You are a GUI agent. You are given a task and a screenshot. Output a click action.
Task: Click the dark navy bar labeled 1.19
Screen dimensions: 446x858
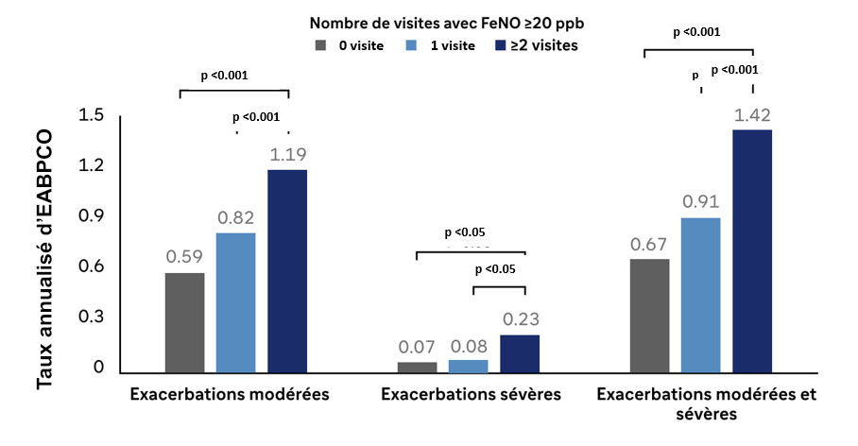coord(287,270)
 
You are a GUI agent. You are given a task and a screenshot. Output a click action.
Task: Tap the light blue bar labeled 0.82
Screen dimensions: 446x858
coord(236,302)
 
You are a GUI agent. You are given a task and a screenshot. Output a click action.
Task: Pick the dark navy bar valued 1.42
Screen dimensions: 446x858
coord(752,250)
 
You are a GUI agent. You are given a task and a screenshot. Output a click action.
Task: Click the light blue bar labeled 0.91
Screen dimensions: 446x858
coord(701,295)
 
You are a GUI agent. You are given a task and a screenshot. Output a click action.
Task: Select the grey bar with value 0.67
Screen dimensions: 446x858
coord(650,316)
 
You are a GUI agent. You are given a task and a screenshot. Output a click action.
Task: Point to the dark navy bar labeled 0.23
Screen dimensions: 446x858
coord(520,353)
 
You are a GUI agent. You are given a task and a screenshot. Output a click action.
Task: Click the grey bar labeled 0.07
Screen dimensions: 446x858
coord(418,367)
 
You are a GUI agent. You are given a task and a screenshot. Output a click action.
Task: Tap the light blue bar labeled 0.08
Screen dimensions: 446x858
coord(469,366)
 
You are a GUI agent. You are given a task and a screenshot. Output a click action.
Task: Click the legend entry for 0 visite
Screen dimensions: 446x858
coord(351,44)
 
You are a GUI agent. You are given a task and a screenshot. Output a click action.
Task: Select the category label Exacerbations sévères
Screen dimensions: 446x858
coord(471,394)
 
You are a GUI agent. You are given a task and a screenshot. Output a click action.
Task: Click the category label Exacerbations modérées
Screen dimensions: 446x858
coord(230,394)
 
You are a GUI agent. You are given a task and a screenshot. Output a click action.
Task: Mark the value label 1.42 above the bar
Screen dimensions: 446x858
coord(752,116)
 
